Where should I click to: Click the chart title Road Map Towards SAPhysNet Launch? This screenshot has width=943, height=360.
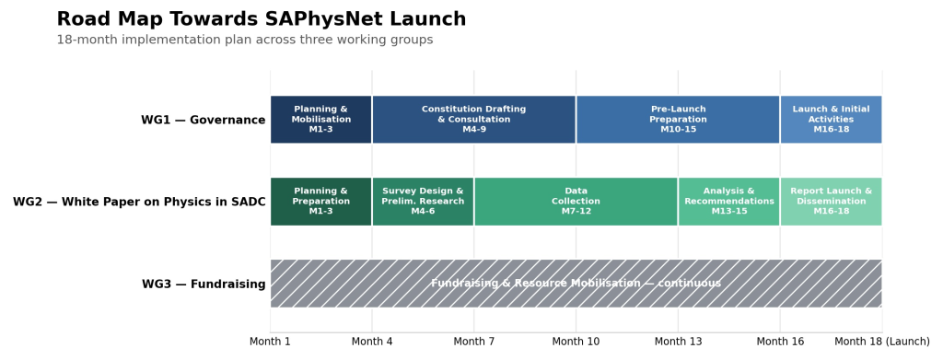coord(261,19)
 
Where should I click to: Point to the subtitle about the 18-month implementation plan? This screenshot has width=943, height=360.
coord(245,40)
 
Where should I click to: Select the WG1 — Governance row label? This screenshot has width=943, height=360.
coord(204,120)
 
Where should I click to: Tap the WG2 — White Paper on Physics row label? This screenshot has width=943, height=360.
coord(139,202)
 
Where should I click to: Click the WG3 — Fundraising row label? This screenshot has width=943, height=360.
coord(204,284)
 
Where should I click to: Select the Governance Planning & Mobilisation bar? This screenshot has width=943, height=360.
coord(320,120)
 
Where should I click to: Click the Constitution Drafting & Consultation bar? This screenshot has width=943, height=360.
coord(474,120)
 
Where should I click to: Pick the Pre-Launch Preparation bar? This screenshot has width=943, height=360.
coord(678,120)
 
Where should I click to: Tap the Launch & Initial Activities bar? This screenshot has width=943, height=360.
coord(832,120)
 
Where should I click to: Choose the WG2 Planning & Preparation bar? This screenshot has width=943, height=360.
coord(320,202)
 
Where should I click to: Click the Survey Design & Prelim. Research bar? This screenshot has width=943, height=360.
coord(423,202)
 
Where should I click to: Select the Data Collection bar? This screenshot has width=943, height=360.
coord(576,202)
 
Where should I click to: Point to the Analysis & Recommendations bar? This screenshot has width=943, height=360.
coord(729,202)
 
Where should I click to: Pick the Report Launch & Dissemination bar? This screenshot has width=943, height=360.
coord(832,202)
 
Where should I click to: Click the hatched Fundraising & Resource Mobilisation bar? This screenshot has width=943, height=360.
coord(576,284)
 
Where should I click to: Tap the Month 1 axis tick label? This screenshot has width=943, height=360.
coord(270,342)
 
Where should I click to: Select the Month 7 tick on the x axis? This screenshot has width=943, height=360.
coord(474,342)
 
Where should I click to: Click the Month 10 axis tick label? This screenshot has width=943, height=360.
coord(576,342)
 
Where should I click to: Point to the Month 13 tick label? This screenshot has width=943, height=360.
coord(678,342)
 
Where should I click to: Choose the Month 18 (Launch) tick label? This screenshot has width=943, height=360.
coord(882,342)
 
